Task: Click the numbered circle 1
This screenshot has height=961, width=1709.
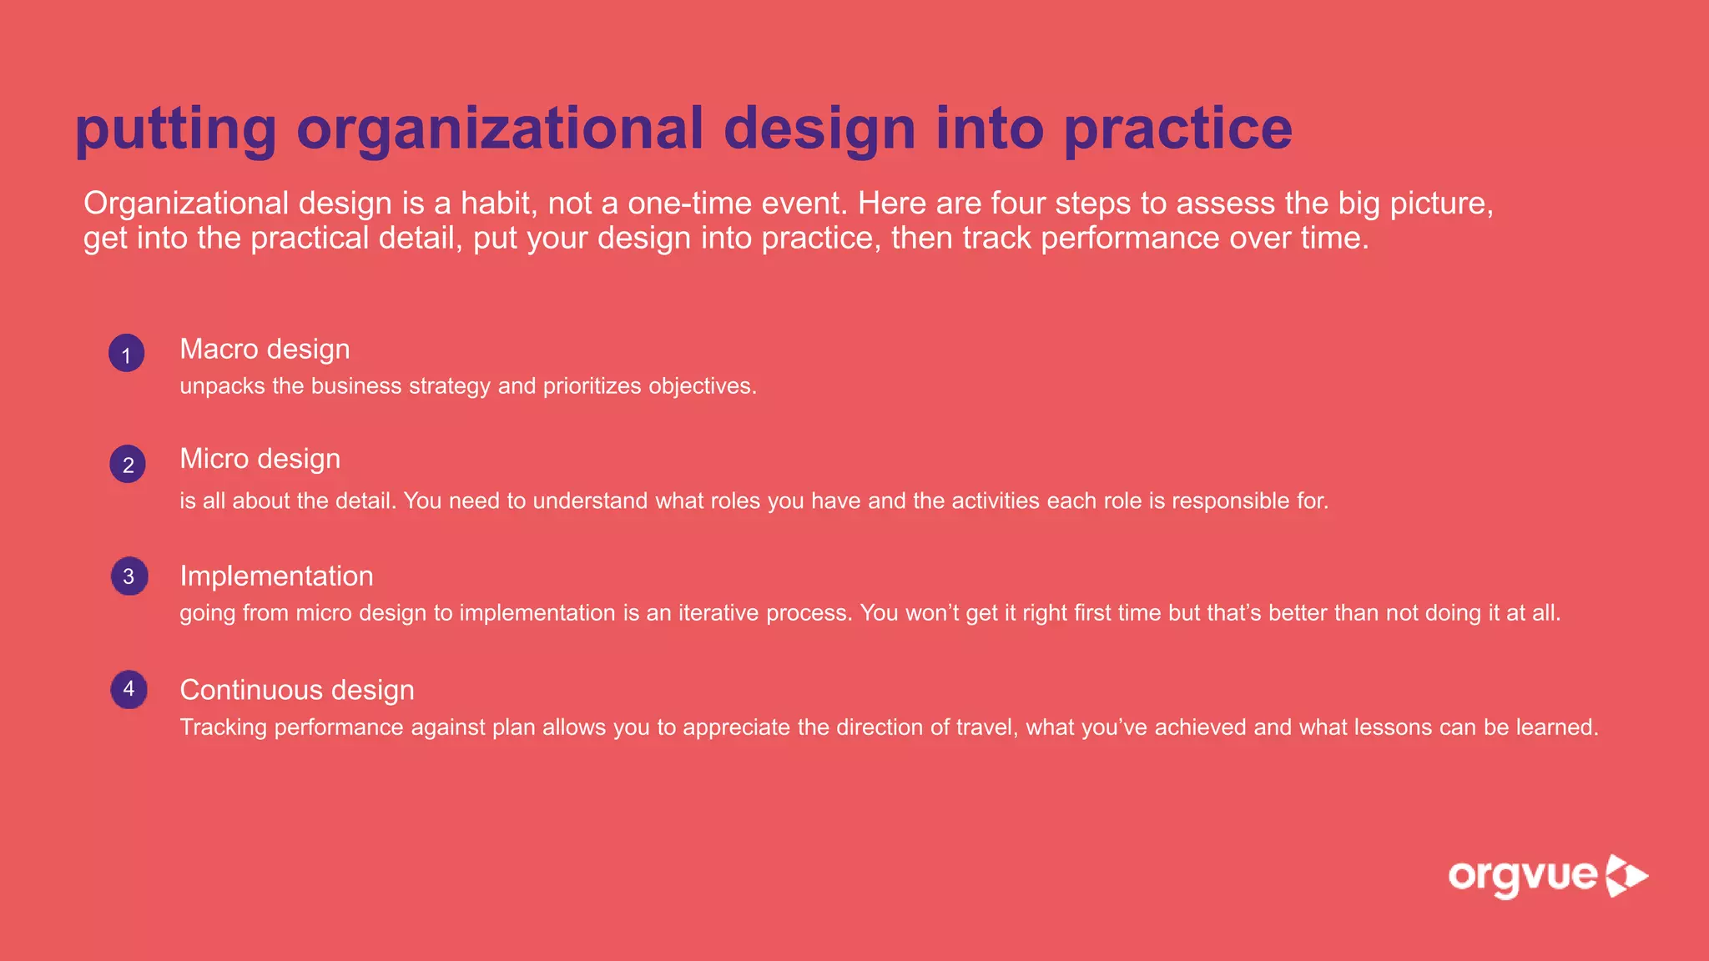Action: click(127, 354)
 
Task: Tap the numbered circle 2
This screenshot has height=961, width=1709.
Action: click(128, 464)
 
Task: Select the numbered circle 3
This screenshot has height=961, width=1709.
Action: click(129, 576)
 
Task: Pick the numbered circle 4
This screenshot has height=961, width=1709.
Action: click(129, 689)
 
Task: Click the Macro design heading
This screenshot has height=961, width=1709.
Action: click(265, 349)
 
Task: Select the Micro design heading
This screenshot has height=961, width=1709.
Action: click(260, 459)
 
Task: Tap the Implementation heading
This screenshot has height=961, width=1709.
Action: click(276, 576)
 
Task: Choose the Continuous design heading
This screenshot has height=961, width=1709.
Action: click(297, 690)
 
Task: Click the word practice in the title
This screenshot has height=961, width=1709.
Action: click(1178, 128)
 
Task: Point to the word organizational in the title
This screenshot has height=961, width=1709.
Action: click(501, 128)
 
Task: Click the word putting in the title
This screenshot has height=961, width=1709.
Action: click(175, 130)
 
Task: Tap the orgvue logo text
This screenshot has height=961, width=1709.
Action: click(1522, 877)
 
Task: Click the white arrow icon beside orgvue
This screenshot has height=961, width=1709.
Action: click(1627, 876)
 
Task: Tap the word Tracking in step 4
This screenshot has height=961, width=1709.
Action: click(223, 727)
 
